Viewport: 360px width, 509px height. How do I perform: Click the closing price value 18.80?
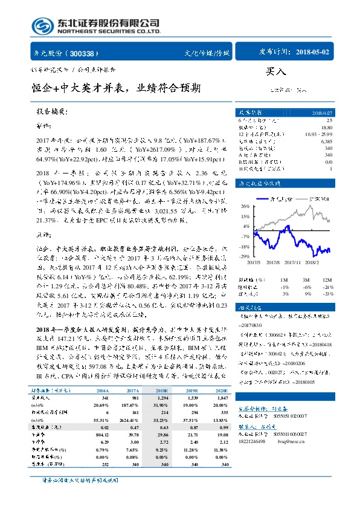click(x=327, y=128)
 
